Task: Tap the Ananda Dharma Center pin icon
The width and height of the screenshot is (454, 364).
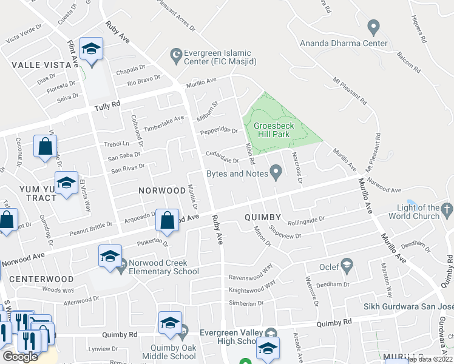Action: click(x=373, y=27)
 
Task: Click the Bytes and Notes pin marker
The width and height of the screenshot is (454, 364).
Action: click(x=276, y=174)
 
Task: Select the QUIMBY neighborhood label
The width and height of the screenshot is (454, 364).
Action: click(x=262, y=217)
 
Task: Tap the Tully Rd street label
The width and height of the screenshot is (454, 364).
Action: click(x=107, y=107)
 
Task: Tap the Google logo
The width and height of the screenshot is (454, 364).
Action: click(x=20, y=356)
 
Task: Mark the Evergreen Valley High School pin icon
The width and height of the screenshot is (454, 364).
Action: click(x=271, y=333)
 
